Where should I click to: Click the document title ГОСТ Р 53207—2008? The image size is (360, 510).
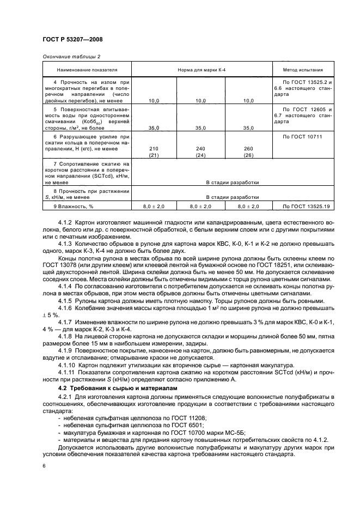tap(72, 40)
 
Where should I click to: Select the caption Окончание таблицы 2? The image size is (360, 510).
tap(71, 57)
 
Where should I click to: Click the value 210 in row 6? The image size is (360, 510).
tap(154, 148)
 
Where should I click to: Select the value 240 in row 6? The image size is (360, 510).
tap(201, 148)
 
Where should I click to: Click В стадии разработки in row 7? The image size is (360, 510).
tap(232, 183)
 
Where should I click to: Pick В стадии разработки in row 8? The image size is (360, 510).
tap(232, 197)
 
